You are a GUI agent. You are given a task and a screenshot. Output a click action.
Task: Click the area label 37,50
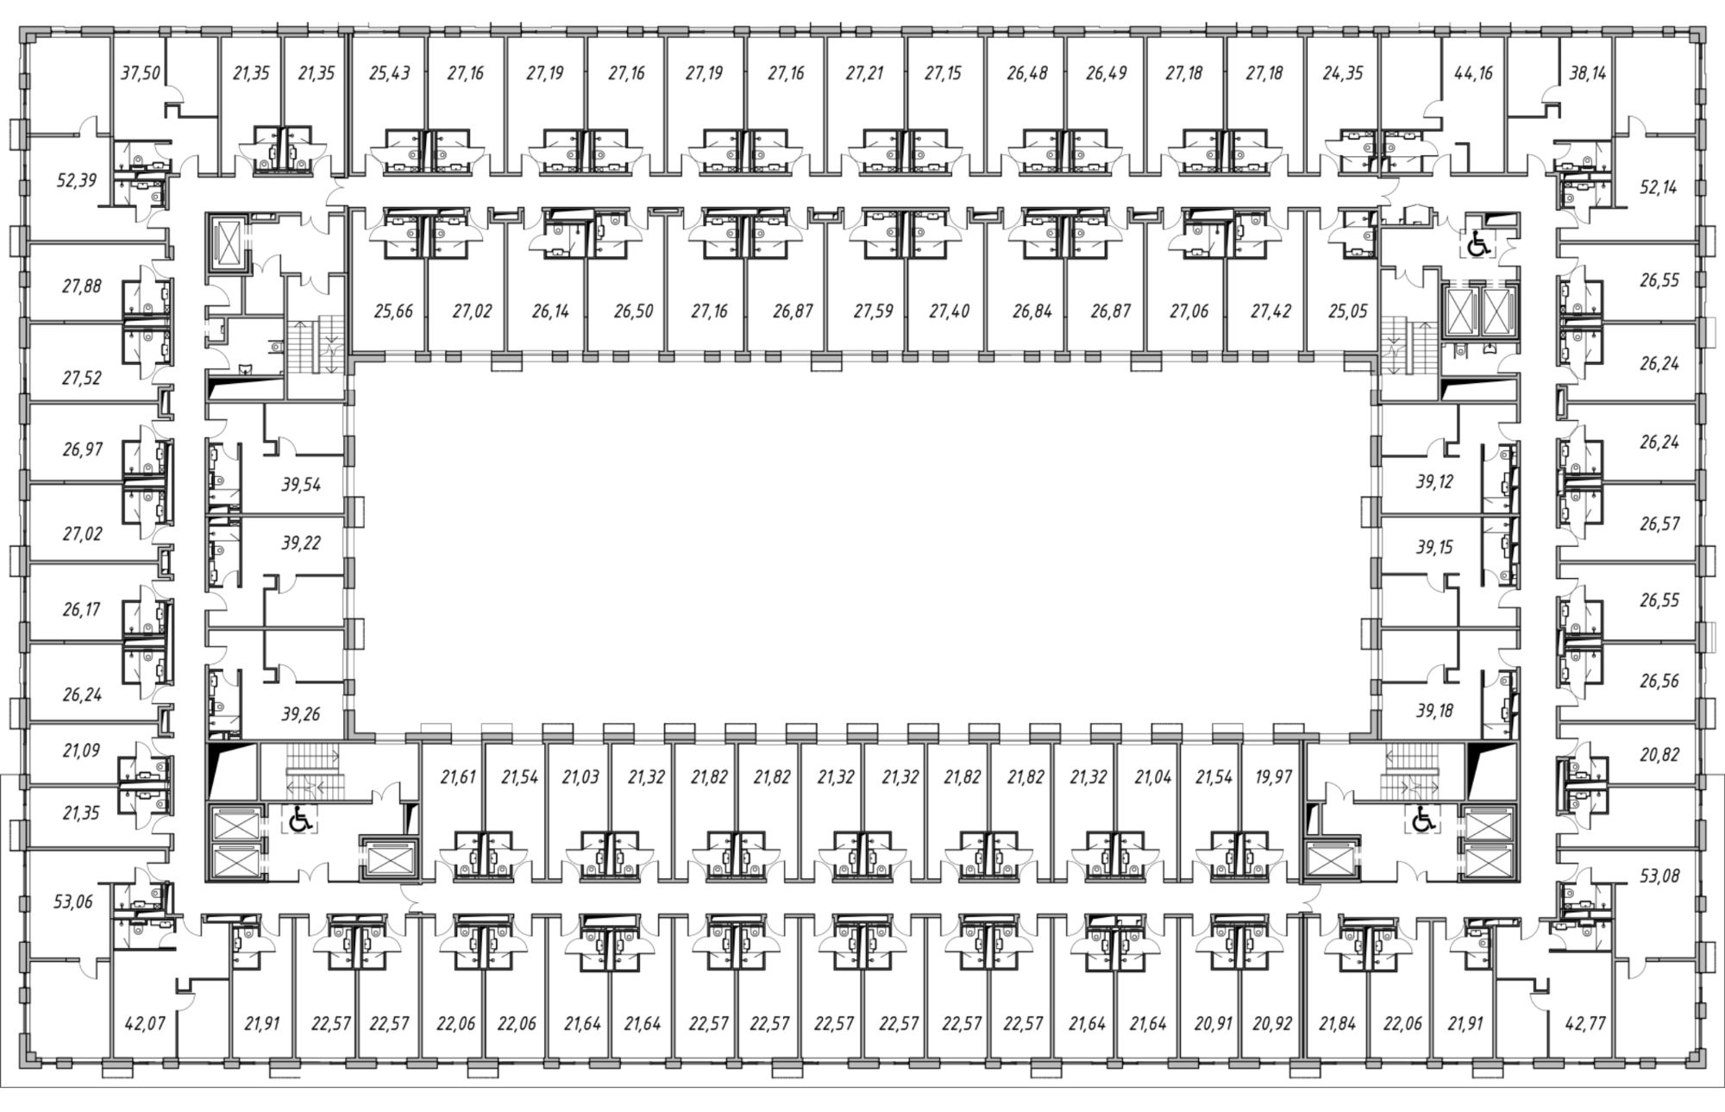(141, 73)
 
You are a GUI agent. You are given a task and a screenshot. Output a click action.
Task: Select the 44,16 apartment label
(1473, 73)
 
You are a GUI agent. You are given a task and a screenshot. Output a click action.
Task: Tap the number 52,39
(77, 180)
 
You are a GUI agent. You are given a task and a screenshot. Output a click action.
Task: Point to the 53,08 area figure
(1659, 877)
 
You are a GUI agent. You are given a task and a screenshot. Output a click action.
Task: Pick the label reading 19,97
(1274, 777)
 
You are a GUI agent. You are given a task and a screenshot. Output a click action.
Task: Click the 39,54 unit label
(301, 485)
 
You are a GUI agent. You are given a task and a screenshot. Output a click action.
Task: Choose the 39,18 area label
(1434, 711)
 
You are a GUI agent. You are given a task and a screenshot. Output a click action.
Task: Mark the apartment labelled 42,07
(145, 1024)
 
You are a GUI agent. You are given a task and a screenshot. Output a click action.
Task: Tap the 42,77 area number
(1585, 1024)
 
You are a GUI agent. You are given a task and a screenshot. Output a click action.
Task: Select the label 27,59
(874, 311)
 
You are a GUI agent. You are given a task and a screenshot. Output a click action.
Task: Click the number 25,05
(1347, 311)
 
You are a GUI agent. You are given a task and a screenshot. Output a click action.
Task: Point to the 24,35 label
(1343, 73)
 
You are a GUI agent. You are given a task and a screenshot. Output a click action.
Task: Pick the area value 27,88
(82, 286)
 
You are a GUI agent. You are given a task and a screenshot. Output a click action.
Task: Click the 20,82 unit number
(1659, 755)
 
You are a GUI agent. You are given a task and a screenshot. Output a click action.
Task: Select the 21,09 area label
(81, 751)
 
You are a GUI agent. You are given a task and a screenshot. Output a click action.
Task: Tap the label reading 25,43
(390, 73)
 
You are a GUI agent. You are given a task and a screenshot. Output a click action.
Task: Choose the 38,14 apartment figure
(1588, 73)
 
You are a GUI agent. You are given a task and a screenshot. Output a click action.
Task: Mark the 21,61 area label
(458, 777)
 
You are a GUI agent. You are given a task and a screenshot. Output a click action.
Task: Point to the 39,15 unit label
(1434, 547)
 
